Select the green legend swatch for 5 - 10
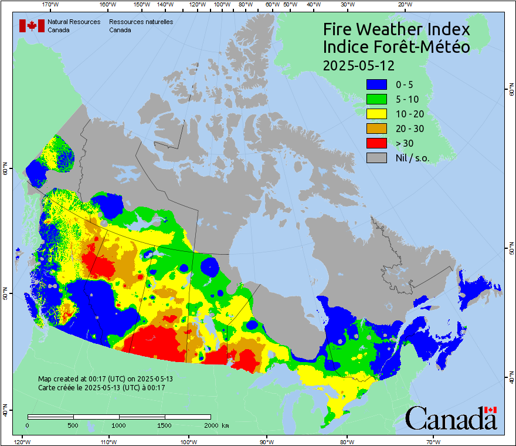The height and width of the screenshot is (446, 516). (x=376, y=100)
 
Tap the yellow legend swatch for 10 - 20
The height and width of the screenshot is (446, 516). (x=376, y=114)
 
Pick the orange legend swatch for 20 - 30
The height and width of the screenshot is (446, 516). (x=376, y=129)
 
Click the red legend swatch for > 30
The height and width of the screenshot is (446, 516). (x=376, y=143)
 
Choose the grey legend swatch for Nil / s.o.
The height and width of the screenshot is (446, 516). (x=376, y=158)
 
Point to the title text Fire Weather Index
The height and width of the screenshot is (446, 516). (x=396, y=29)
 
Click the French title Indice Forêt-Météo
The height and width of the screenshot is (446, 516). (x=396, y=47)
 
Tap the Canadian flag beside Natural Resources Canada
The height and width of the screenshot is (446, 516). (x=32, y=25)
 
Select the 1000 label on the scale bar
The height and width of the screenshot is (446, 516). (x=119, y=425)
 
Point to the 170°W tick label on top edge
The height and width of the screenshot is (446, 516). (x=51, y=5)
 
